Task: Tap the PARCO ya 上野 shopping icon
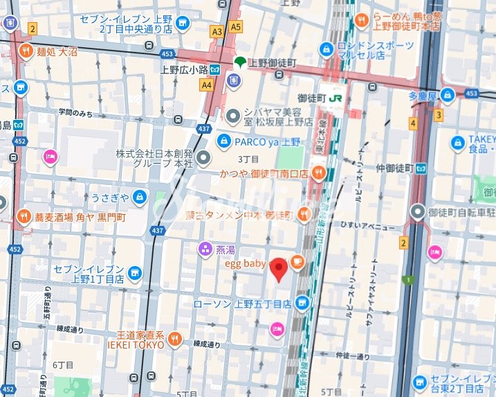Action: (223, 142)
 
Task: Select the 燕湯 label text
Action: (226, 249)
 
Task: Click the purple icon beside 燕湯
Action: (205, 249)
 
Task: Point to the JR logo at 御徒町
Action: (336, 98)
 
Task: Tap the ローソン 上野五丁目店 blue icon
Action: (302, 303)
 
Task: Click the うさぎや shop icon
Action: (140, 197)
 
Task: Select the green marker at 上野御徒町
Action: (239, 62)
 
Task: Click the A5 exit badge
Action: (237, 27)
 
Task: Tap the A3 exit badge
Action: (217, 31)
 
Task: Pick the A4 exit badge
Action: (206, 85)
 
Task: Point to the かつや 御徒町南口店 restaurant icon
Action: (318, 174)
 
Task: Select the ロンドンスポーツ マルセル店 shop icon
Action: (326, 50)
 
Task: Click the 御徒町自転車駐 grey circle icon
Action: (418, 211)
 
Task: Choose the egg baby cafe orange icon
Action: (297, 261)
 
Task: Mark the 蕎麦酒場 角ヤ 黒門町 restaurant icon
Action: (25, 217)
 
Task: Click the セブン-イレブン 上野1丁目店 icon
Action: (135, 273)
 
